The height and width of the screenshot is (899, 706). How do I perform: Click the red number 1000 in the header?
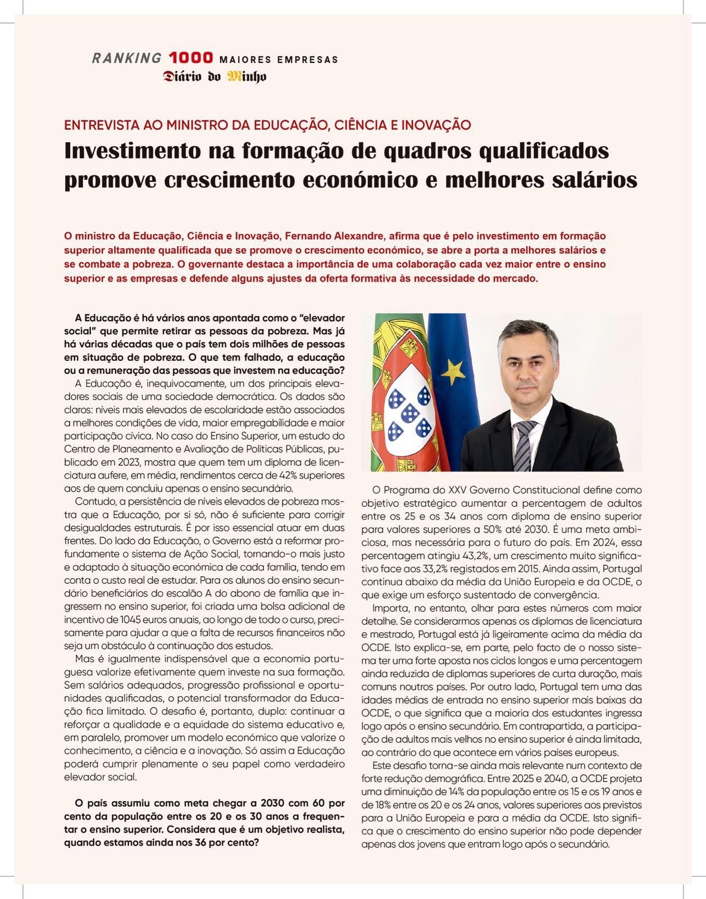[x=191, y=58]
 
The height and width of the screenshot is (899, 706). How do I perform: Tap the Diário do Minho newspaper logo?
[x=215, y=76]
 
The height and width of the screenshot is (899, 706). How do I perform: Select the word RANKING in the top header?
[x=126, y=58]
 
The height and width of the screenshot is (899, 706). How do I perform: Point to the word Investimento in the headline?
[x=133, y=151]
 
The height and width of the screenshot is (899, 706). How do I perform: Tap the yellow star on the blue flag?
[x=452, y=371]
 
